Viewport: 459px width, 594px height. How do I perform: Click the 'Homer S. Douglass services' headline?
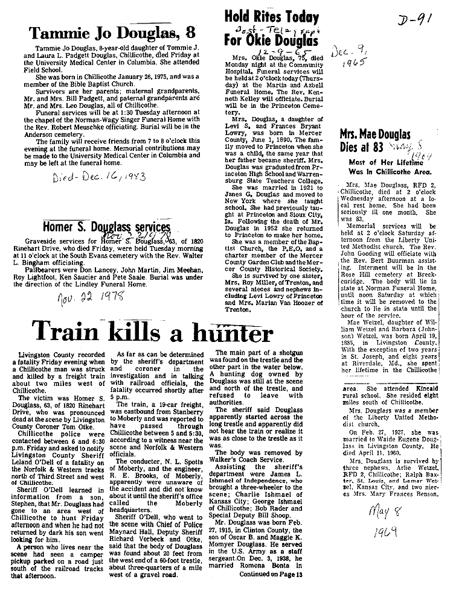coord(106,227)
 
